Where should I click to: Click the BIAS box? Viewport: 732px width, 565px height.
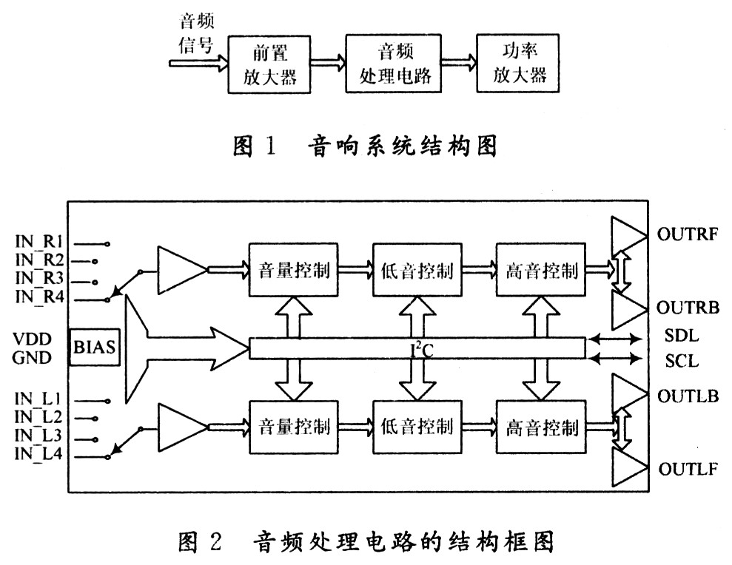[x=94, y=346]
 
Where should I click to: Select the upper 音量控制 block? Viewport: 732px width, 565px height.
[x=294, y=270]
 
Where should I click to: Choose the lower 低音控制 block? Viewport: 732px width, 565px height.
[x=418, y=427]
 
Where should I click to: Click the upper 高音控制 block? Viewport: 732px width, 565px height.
[x=542, y=270]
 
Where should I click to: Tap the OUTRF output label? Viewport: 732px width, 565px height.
[x=688, y=237]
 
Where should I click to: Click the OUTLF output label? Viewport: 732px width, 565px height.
[x=688, y=469]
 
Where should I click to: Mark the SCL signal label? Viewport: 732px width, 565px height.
[x=682, y=362]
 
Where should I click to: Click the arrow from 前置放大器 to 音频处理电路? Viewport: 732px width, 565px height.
[x=328, y=63]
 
